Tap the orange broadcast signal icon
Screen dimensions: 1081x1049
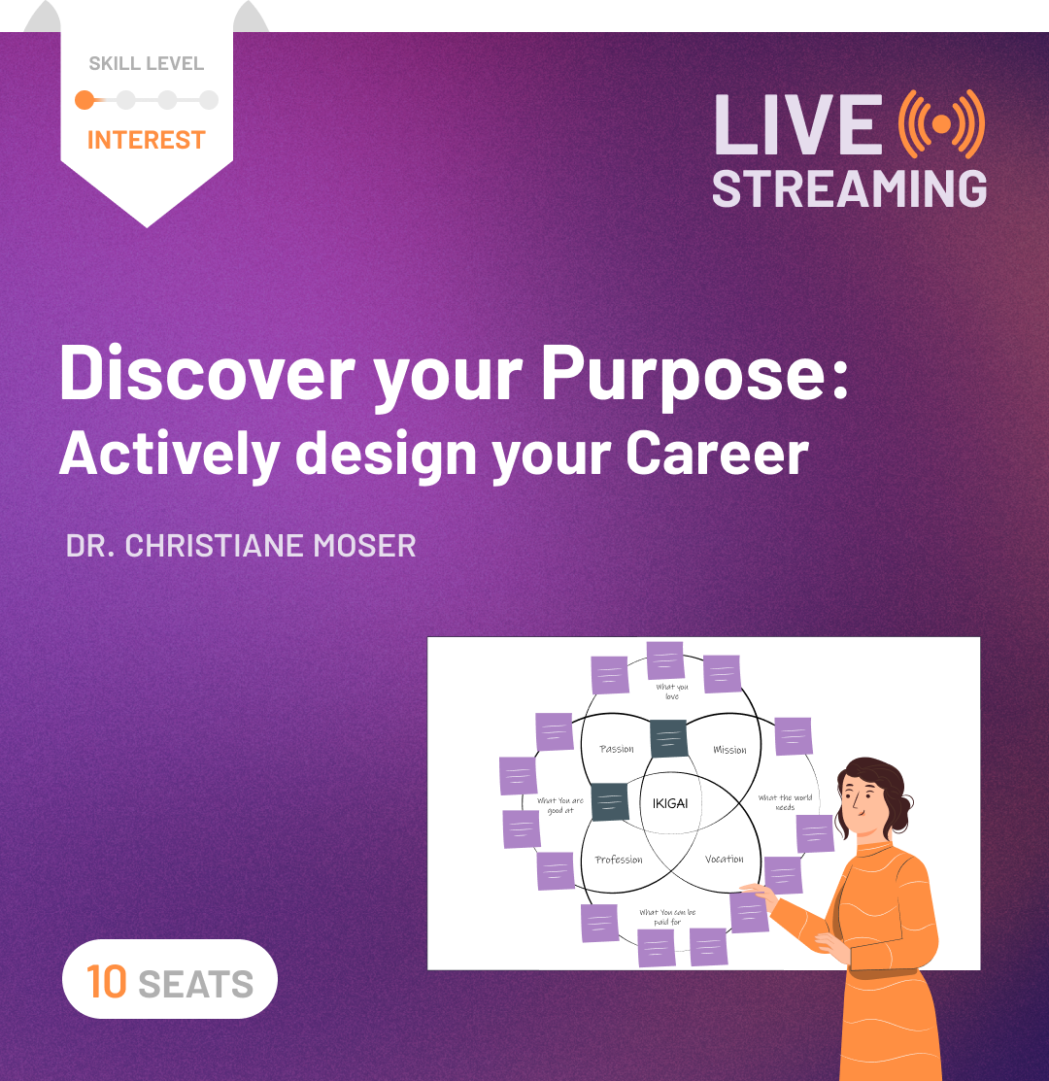tap(940, 124)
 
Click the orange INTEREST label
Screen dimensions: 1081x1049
tap(147, 140)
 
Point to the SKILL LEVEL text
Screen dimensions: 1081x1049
tap(147, 64)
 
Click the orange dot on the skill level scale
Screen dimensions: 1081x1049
tap(85, 99)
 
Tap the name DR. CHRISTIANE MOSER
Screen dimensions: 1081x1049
tap(241, 546)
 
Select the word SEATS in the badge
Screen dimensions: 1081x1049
tap(196, 984)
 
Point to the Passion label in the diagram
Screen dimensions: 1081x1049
tap(617, 749)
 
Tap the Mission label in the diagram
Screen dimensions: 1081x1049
tap(729, 750)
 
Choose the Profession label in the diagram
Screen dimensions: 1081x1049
tap(619, 860)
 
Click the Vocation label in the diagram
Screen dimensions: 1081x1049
tap(724, 859)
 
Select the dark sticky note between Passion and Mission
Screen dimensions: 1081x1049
tap(668, 738)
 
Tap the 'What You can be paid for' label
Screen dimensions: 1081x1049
tap(667, 917)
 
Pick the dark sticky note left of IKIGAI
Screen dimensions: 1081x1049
tap(610, 802)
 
